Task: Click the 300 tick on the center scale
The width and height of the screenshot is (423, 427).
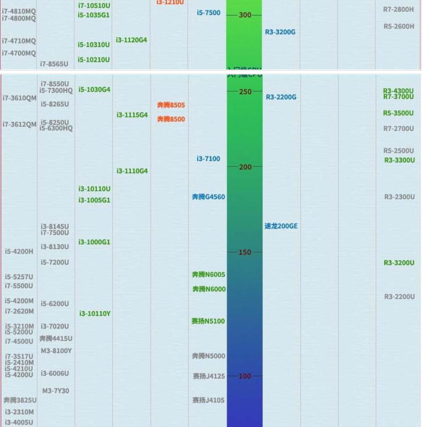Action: (245, 15)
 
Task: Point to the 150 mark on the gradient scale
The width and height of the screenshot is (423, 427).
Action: (245, 252)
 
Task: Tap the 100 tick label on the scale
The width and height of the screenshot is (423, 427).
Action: (245, 376)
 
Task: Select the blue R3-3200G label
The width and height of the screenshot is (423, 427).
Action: (280, 32)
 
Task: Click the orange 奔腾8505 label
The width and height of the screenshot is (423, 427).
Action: (171, 105)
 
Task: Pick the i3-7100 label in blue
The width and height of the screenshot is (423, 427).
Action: (208, 159)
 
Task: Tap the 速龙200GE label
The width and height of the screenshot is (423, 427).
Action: (281, 226)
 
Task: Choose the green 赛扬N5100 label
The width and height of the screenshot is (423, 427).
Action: (208, 321)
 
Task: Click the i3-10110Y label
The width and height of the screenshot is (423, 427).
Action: (95, 314)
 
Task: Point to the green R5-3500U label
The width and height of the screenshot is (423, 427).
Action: (398, 113)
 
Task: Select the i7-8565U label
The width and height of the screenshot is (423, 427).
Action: (54, 64)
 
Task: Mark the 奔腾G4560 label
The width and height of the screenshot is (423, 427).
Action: (208, 197)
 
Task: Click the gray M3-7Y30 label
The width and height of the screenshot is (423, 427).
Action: (55, 391)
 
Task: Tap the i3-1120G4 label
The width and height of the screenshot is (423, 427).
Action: (131, 40)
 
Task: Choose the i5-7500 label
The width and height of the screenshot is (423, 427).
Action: (208, 13)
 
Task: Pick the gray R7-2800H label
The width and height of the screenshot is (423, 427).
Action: (398, 10)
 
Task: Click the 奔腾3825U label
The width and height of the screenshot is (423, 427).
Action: (20, 400)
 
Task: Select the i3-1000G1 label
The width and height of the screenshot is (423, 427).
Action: (94, 242)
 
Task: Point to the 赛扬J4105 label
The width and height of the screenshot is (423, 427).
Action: (208, 400)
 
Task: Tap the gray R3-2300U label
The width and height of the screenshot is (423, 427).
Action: (399, 197)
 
